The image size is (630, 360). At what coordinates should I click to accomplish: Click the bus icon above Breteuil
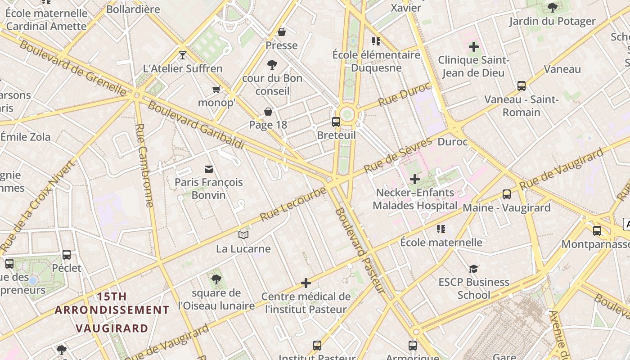coord(336,121)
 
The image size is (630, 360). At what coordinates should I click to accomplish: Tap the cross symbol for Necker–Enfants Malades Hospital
coord(414,179)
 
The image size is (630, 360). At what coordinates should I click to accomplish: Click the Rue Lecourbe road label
coord(293,204)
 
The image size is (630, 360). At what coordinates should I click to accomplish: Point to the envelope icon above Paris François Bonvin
coord(209,169)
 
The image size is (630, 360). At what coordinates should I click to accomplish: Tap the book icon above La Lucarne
coord(243,235)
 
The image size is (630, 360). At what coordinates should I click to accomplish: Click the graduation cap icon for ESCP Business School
coord(473,269)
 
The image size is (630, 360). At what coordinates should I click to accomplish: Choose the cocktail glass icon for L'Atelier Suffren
coord(183,55)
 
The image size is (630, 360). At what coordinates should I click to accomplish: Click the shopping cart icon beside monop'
coord(216,89)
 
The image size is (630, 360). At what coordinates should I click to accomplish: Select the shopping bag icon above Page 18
coord(268,112)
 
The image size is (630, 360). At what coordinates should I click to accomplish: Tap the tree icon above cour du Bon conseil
coord(272,65)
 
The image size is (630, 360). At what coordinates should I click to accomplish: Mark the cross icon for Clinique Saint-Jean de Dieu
coord(473,46)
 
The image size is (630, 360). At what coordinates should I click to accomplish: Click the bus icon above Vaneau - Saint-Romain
coord(522,85)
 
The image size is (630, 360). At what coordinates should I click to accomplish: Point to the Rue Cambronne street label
coord(144,165)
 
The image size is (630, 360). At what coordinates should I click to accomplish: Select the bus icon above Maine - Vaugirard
coord(507,194)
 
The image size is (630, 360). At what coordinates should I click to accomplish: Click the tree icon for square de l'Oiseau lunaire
coord(216,279)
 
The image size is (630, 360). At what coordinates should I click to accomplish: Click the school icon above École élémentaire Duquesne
coord(376,41)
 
